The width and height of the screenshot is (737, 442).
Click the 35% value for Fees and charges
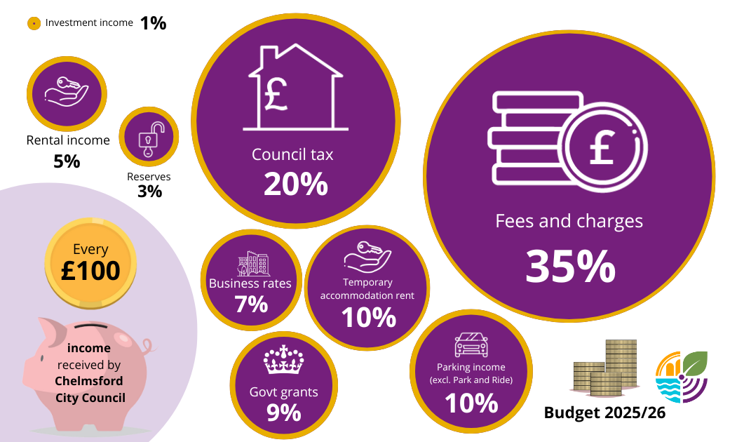coord(570,267)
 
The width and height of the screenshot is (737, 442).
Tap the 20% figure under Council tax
coord(295,184)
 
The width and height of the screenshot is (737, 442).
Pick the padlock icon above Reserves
coord(149,139)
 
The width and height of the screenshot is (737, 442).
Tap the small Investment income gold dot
coord(33,23)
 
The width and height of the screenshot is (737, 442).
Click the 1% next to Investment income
coord(153,23)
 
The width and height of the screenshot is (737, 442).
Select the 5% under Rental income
coord(67,161)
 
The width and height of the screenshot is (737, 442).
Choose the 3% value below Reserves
coord(149,191)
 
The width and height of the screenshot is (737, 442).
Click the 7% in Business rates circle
coord(251,304)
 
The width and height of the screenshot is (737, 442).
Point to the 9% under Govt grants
coord(283,413)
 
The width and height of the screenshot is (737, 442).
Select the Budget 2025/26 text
coord(604,413)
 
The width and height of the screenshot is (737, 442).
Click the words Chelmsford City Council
coord(90,389)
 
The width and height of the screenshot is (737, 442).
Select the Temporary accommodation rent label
coord(367,288)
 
